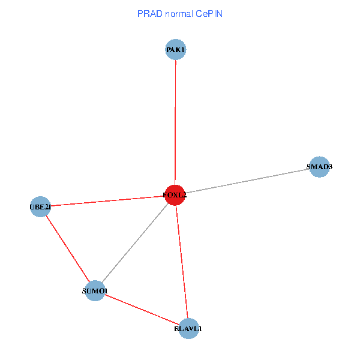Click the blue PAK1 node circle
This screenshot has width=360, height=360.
(175, 50)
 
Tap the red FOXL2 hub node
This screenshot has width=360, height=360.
(175, 195)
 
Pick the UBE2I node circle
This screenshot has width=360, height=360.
(40, 207)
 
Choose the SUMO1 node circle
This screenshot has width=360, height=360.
(95, 291)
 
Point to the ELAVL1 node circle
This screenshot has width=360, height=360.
(188, 329)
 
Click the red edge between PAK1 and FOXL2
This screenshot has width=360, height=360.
(175, 120)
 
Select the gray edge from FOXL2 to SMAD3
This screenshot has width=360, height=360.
(246, 181)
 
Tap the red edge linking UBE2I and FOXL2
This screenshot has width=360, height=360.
(108, 201)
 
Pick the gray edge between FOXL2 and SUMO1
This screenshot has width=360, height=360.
(135, 243)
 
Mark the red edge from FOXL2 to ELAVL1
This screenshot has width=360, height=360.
(182, 262)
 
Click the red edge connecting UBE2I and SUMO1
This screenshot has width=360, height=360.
(67, 249)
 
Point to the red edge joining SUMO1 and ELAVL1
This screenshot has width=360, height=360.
(142, 310)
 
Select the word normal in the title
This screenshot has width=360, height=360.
(178, 13)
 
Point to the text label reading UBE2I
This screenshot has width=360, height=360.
(40, 208)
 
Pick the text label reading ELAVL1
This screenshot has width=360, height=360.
(188, 329)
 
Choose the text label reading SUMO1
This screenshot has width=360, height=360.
(95, 292)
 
